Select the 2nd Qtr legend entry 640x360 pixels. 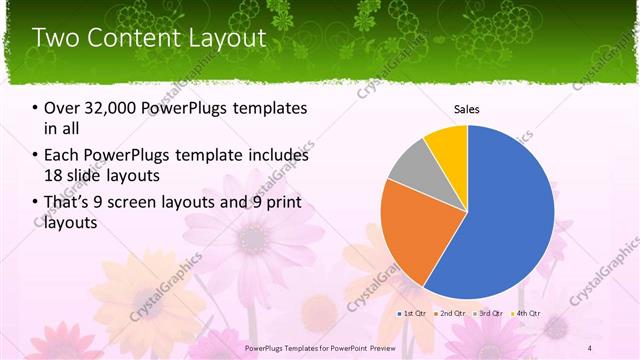point(450,313)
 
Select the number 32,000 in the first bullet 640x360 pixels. point(112,108)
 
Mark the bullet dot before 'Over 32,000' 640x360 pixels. point(36,108)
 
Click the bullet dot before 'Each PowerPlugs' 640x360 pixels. point(36,156)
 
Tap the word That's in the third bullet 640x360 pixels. point(66,204)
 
